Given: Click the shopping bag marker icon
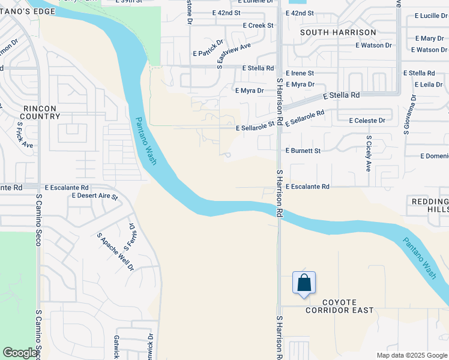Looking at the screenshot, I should (304, 283).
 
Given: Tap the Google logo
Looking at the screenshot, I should (20, 353).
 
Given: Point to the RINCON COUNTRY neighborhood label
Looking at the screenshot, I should (40, 112).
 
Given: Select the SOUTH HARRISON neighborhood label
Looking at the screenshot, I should (338, 32).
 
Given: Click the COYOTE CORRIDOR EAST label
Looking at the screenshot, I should (339, 306).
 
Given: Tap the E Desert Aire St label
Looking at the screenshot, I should (95, 196).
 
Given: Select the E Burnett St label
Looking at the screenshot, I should (303, 151).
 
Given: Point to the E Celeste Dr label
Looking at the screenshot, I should (367, 121).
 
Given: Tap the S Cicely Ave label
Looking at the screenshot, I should (369, 153).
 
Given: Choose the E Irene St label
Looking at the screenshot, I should (300, 73).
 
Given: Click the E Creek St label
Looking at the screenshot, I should (258, 26).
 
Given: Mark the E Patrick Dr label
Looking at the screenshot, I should (208, 49).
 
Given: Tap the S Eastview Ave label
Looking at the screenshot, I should (234, 55).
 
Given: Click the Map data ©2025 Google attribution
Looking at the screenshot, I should (412, 355).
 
